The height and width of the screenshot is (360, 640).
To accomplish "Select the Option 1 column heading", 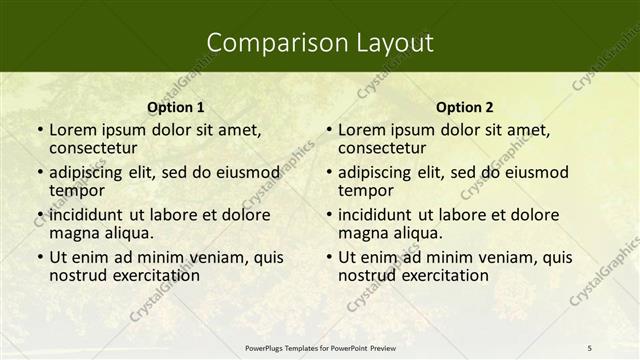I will [x=176, y=107].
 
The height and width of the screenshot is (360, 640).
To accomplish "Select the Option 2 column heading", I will [x=465, y=107].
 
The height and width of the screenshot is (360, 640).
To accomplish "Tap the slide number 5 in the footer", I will [x=589, y=347].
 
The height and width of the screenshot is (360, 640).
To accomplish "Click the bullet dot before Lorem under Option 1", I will [x=39, y=130].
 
